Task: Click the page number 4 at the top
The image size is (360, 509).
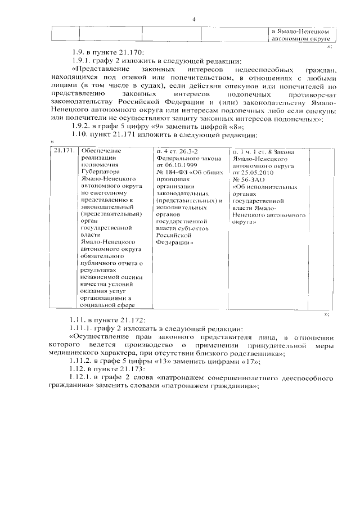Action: tap(193, 20)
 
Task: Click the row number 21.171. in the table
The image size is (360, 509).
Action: tap(63, 151)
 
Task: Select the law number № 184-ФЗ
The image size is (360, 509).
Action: tap(169, 173)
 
